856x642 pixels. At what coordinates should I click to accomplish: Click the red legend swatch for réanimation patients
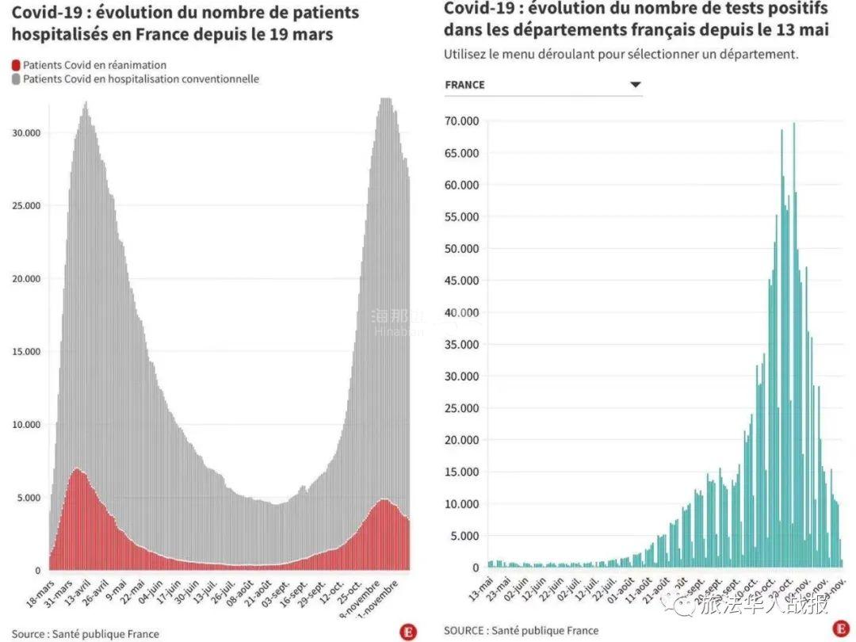tap(17, 65)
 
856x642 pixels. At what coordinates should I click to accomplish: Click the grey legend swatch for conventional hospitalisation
tap(17, 79)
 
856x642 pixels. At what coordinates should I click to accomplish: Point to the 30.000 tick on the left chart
tap(26, 133)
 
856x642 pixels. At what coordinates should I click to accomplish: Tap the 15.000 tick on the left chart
tap(26, 352)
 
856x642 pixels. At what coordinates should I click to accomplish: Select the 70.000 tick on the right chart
tap(461, 121)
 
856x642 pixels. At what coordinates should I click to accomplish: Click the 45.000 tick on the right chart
tap(461, 281)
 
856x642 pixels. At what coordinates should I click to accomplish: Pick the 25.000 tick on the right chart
tap(461, 408)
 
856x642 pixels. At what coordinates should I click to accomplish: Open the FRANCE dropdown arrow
tap(635, 85)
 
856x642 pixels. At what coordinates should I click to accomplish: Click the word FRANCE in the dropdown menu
tap(464, 85)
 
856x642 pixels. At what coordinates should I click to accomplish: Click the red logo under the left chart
tap(408, 631)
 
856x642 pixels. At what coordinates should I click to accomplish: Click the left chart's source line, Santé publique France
tap(86, 634)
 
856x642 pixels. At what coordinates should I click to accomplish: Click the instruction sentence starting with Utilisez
tap(621, 54)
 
